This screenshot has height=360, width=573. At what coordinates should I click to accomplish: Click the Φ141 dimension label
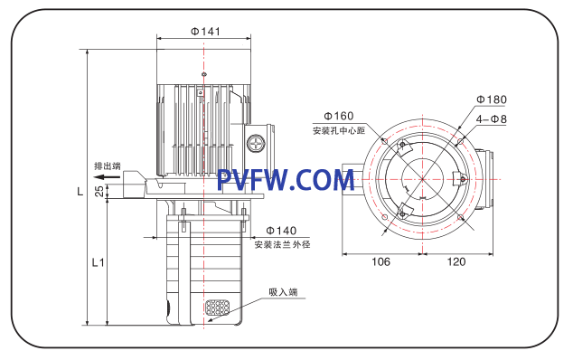[206, 31]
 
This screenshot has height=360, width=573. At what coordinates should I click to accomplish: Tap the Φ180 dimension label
[492, 99]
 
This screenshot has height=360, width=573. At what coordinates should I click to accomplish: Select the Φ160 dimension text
[339, 116]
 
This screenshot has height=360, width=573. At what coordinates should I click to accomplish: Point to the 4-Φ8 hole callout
[492, 118]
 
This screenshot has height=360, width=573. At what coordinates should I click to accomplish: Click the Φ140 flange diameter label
[281, 231]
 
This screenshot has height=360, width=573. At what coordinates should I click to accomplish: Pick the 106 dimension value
[380, 261]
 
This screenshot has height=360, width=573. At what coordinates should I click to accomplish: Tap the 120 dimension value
[456, 261]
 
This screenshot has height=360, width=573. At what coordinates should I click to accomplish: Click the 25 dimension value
[99, 191]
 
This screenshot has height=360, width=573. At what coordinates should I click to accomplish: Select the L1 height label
[98, 262]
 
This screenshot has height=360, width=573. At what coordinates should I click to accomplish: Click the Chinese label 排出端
[108, 166]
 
